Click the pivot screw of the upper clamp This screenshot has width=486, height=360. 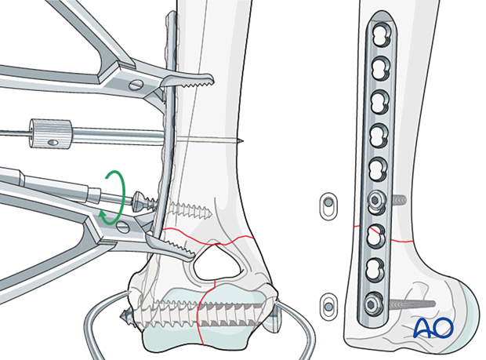point(136,84)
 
